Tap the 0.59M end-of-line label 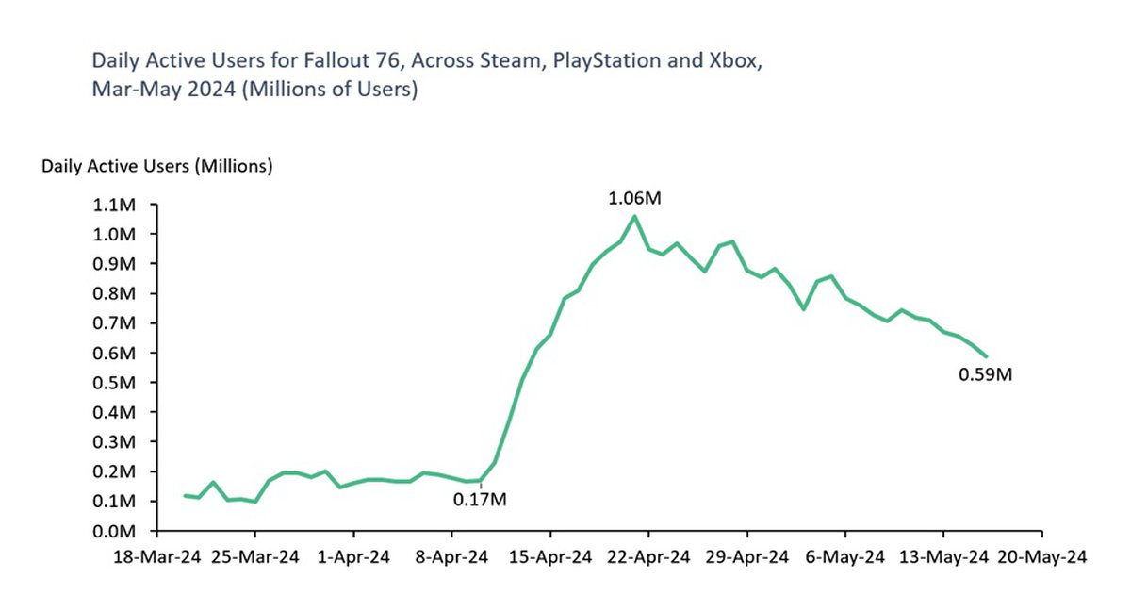[x=985, y=375]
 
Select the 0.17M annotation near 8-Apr [x=480, y=499]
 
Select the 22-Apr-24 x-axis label [x=647, y=558]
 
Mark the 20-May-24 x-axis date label [x=1041, y=558]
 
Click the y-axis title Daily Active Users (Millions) [x=156, y=167]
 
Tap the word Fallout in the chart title [x=327, y=62]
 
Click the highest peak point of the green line [x=633, y=216]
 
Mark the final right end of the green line [x=986, y=356]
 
